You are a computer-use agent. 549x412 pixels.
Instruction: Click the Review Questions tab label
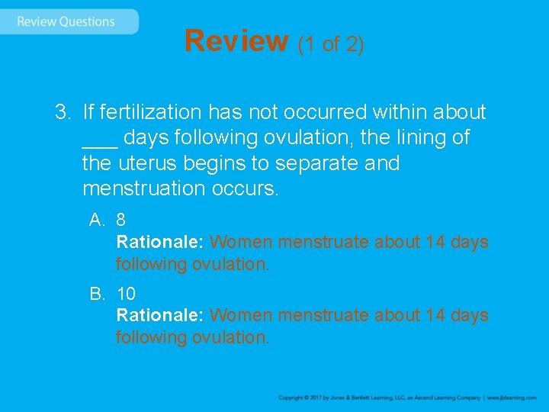[66, 21]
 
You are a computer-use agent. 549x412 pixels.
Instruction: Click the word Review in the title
[236, 40]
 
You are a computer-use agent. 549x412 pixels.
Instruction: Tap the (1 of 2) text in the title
[331, 43]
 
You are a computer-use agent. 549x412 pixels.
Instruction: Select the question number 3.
[62, 113]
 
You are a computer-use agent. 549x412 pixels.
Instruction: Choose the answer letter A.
[96, 220]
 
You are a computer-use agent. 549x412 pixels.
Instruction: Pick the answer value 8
[120, 220]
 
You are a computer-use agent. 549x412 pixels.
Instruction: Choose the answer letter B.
[96, 293]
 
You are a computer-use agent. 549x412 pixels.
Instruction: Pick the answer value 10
[125, 293]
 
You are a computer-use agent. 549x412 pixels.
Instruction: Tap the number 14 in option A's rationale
[435, 242]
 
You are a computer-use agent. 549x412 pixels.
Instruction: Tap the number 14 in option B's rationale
[435, 315]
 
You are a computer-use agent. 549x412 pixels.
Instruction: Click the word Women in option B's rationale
[241, 315]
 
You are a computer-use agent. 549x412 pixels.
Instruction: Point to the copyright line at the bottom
[407, 398]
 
